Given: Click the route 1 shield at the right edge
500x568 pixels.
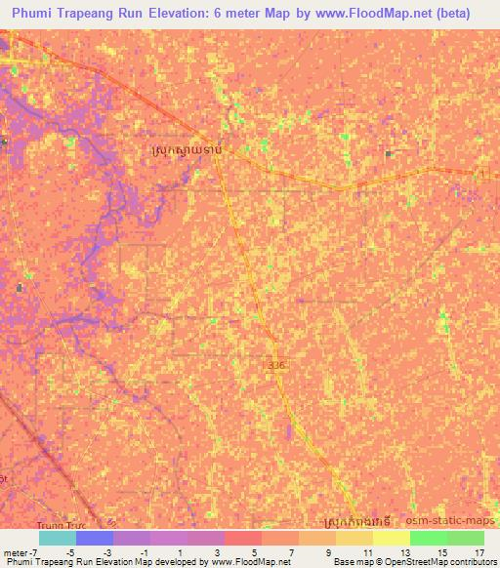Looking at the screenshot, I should pos(481,173).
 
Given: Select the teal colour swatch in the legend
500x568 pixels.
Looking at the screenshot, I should pos(57,538).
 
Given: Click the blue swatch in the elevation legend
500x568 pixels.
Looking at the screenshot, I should pos(94,538).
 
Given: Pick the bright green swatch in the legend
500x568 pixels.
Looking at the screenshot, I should pos(428,538).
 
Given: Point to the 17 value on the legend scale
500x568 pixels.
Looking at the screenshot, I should pos(478,552).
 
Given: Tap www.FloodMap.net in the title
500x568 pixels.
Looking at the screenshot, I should pos(365,14).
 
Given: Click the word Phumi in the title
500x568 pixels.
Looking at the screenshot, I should pos(38,14).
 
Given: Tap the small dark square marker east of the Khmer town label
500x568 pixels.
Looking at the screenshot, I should pos(389,153).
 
